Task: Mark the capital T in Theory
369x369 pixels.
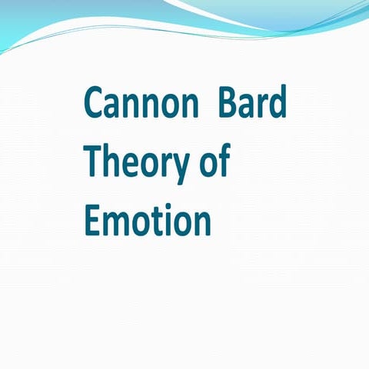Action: [92, 161]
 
